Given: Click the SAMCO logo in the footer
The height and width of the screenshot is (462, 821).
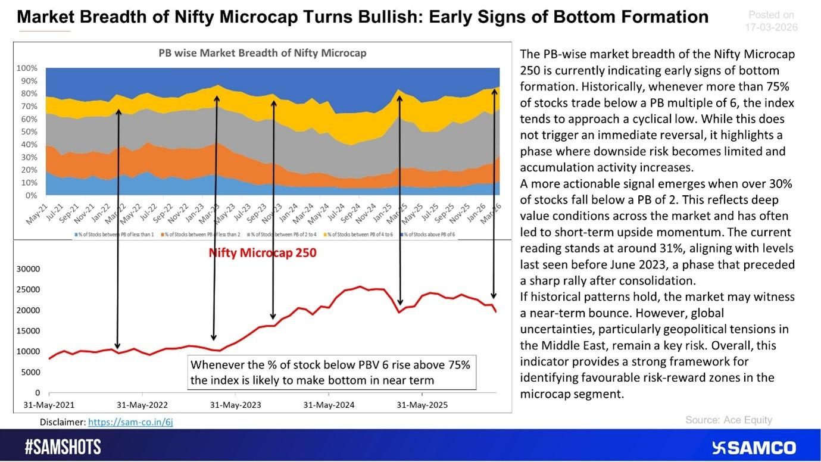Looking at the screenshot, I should pyautogui.click(x=754, y=448).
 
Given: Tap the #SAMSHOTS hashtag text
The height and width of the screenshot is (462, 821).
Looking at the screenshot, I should pyautogui.click(x=63, y=448).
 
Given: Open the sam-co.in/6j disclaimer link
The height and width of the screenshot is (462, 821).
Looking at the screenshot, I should pyautogui.click(x=130, y=422).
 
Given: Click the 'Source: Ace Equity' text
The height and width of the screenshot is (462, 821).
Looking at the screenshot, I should pyautogui.click(x=728, y=420).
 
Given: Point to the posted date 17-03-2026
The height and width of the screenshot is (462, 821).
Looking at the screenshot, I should pyautogui.click(x=771, y=27).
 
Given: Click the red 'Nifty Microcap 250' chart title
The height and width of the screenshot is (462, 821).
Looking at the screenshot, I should pyautogui.click(x=262, y=252).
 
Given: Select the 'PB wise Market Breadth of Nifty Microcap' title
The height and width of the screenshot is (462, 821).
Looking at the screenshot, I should pyautogui.click(x=262, y=53).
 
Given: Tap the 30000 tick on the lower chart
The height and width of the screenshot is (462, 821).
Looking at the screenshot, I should pyautogui.click(x=29, y=269).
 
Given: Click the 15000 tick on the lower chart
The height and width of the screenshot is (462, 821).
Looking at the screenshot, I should pyautogui.click(x=29, y=331).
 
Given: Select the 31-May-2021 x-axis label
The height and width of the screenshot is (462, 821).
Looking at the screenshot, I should pyautogui.click(x=49, y=405).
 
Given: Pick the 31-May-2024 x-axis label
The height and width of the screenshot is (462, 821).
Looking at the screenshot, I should pyautogui.click(x=329, y=405).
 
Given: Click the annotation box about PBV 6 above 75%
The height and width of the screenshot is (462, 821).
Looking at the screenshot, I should pyautogui.click(x=331, y=372).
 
